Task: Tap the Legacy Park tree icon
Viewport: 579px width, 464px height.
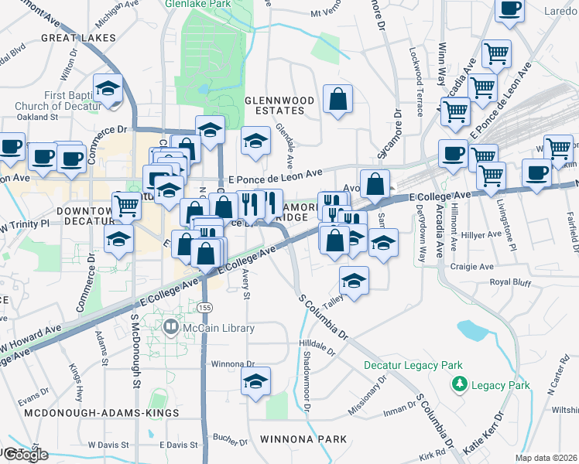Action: pyautogui.click(x=459, y=384)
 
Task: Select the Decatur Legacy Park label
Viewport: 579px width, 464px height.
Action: pyautogui.click(x=413, y=365)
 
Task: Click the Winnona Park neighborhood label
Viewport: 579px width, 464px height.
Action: pyautogui.click(x=304, y=439)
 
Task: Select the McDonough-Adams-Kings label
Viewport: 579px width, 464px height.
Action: pyautogui.click(x=101, y=414)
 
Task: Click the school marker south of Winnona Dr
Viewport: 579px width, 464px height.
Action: pyautogui.click(x=255, y=380)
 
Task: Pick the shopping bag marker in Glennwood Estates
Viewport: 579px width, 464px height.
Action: pyautogui.click(x=337, y=99)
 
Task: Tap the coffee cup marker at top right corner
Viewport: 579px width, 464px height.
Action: pyautogui.click(x=509, y=9)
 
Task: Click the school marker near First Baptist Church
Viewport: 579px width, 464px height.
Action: pyautogui.click(x=108, y=87)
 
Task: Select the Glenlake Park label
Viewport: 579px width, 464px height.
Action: pyautogui.click(x=197, y=4)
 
